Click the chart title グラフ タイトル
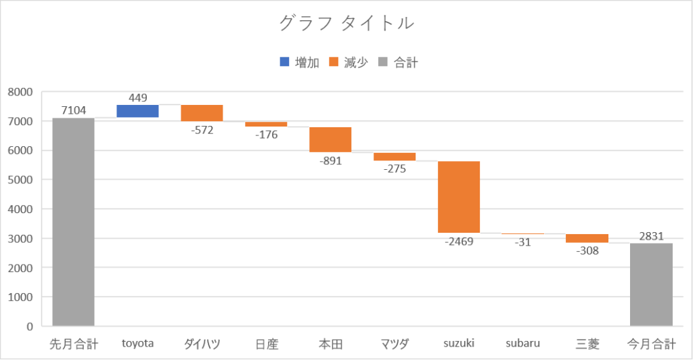346,24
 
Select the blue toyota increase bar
137,111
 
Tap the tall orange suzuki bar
459,196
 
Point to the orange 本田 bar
330,139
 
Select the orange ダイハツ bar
202,113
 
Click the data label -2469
459,241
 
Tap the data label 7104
73,110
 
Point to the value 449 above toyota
137,97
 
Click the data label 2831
651,235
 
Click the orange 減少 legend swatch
333,63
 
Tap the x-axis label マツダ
395,344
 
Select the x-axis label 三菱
587,344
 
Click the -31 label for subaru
522,242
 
